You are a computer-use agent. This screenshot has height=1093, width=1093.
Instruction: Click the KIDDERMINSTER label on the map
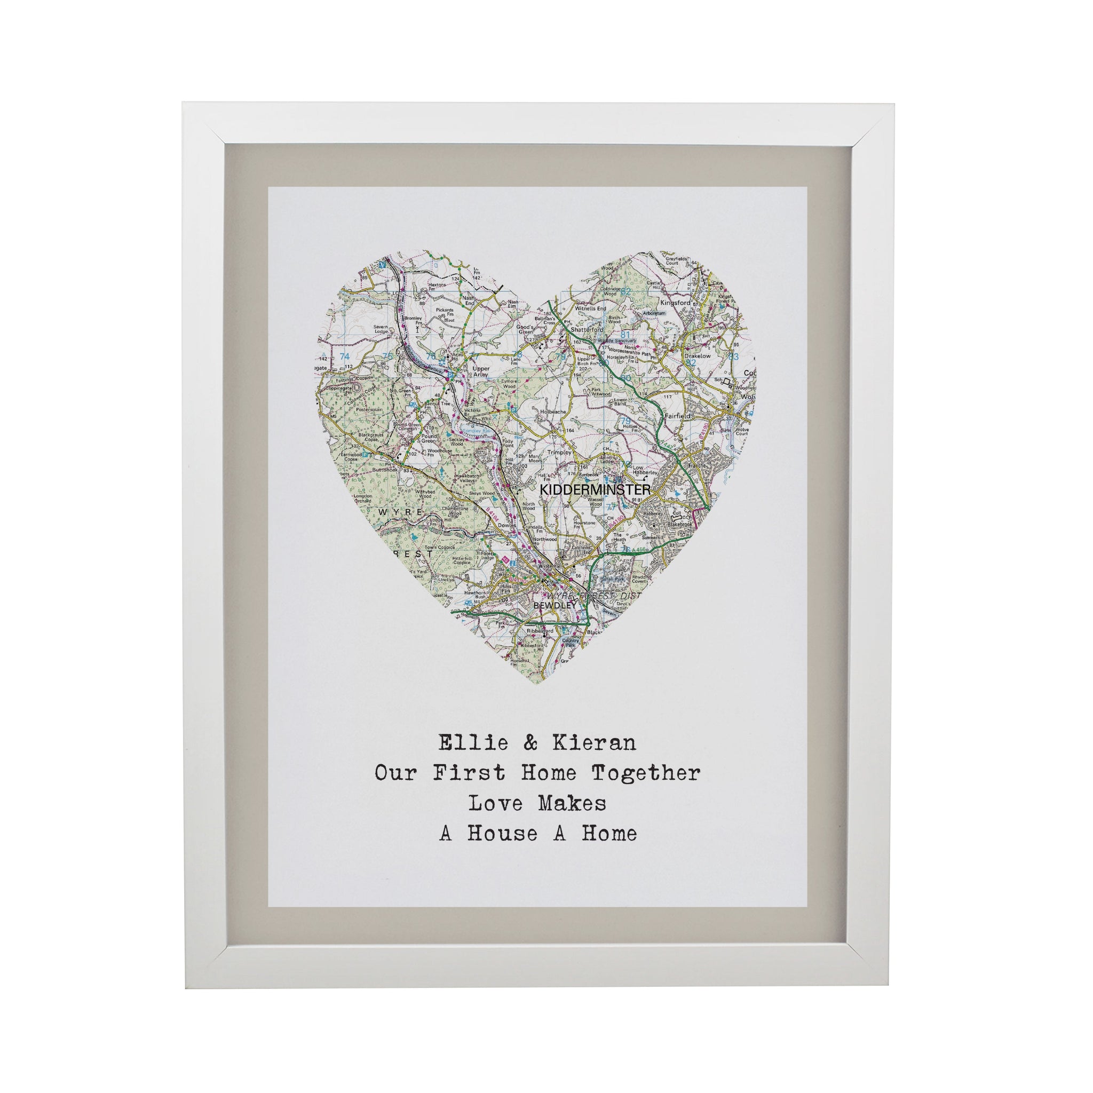(595, 489)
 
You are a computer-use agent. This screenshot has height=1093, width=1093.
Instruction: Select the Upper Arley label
(477, 371)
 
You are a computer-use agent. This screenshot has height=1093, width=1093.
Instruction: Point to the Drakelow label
(697, 357)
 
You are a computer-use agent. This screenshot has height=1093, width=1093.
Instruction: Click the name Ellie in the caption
(473, 742)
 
